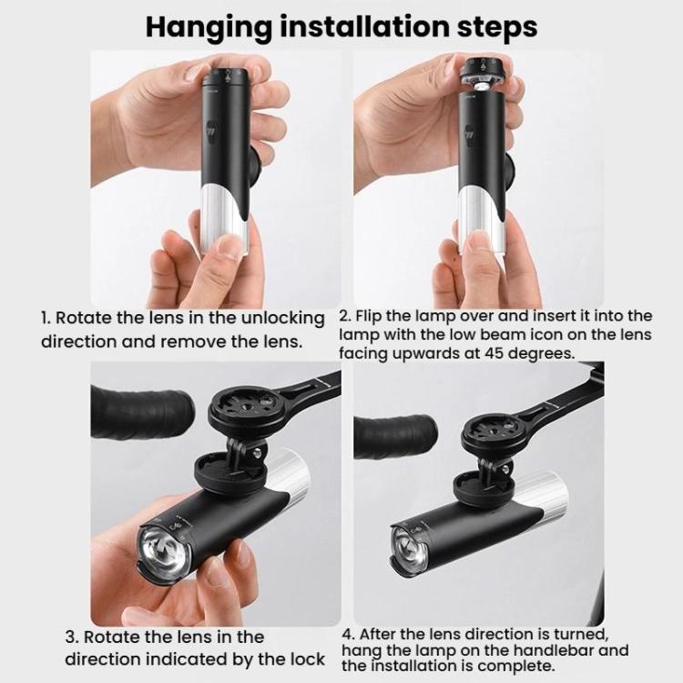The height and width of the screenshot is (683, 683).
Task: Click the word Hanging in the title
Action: tap(209, 28)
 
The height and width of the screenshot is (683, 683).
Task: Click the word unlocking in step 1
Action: tap(282, 319)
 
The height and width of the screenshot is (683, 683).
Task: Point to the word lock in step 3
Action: tap(307, 659)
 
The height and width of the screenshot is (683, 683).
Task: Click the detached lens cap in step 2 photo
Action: tap(484, 74)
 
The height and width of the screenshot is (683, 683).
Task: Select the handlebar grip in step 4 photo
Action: tap(395, 436)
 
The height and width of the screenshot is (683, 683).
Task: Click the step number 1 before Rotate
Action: tap(46, 318)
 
